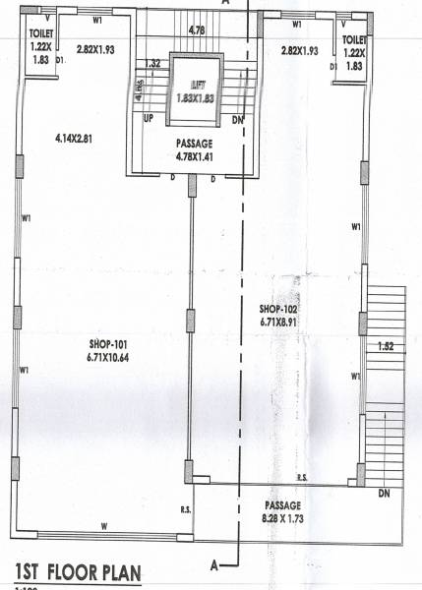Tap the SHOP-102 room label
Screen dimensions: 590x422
click(x=278, y=307)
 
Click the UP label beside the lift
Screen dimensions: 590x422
click(x=149, y=118)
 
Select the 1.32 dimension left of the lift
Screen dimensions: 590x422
click(x=151, y=64)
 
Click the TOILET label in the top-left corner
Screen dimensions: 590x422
click(x=40, y=35)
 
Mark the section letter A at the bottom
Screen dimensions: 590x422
click(x=213, y=564)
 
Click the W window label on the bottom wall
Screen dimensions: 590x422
click(x=104, y=527)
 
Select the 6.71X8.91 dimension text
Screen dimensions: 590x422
click(x=278, y=320)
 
